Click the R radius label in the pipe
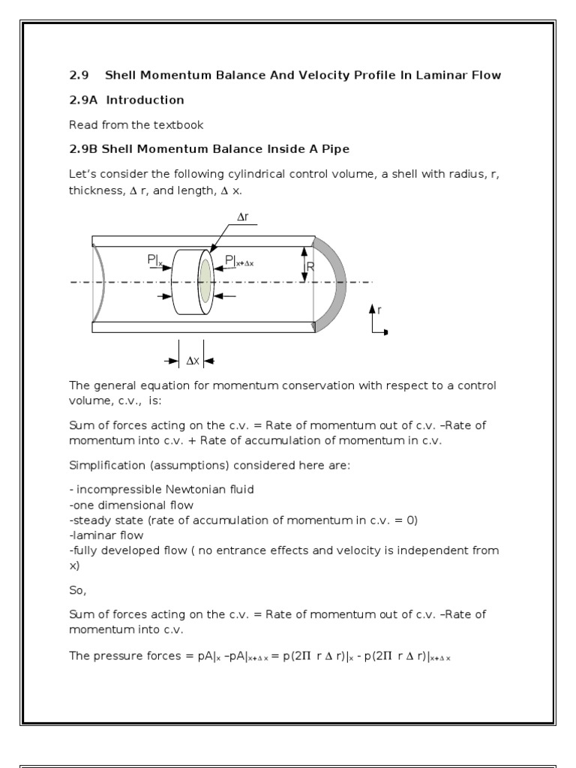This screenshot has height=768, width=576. pos(310,265)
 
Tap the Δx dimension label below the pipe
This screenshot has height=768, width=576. pos(193,361)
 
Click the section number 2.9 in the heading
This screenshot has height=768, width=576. pos(79,75)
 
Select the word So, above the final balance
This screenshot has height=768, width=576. pos(78,590)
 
